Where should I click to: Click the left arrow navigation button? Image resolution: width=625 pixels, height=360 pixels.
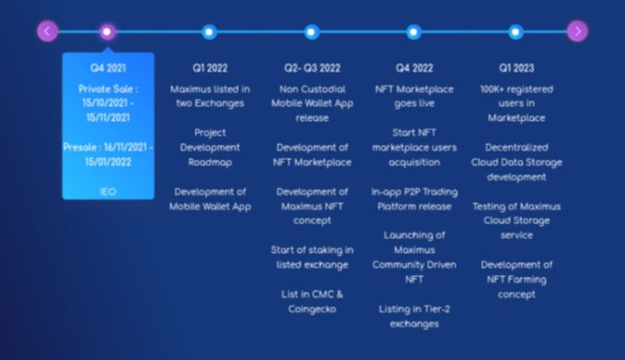(47, 31)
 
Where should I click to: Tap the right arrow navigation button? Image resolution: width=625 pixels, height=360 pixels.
(578, 31)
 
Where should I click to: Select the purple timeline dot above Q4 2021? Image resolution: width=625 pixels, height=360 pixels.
(107, 32)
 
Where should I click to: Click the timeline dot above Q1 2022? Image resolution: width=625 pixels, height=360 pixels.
(209, 32)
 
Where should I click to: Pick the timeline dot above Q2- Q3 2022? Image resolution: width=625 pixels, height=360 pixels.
(312, 32)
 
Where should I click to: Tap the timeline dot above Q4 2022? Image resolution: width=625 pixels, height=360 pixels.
(414, 32)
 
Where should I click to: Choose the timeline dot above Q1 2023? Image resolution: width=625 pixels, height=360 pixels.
(516, 32)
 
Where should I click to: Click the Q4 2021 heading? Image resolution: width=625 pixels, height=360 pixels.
(108, 68)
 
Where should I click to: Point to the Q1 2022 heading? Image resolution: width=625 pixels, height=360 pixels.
(210, 68)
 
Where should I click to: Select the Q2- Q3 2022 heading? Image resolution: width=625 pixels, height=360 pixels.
(312, 68)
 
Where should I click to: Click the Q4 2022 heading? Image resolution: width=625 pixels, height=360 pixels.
(414, 68)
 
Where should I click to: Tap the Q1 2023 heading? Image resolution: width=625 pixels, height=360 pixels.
(516, 68)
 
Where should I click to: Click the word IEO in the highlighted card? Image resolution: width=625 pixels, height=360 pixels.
(108, 192)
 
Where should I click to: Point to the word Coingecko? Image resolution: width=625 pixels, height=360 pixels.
(312, 310)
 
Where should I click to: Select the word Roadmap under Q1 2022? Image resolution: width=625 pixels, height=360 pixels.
(210, 163)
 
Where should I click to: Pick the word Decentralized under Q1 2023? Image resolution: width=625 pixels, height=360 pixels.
(516, 148)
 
